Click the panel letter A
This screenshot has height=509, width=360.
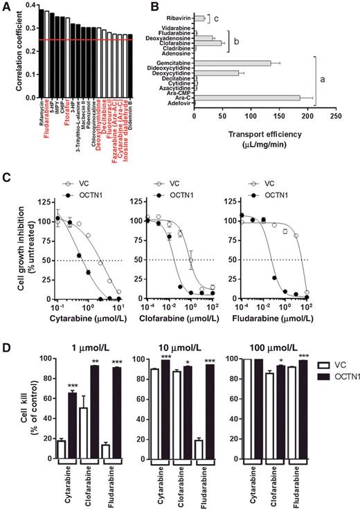(6, 8)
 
